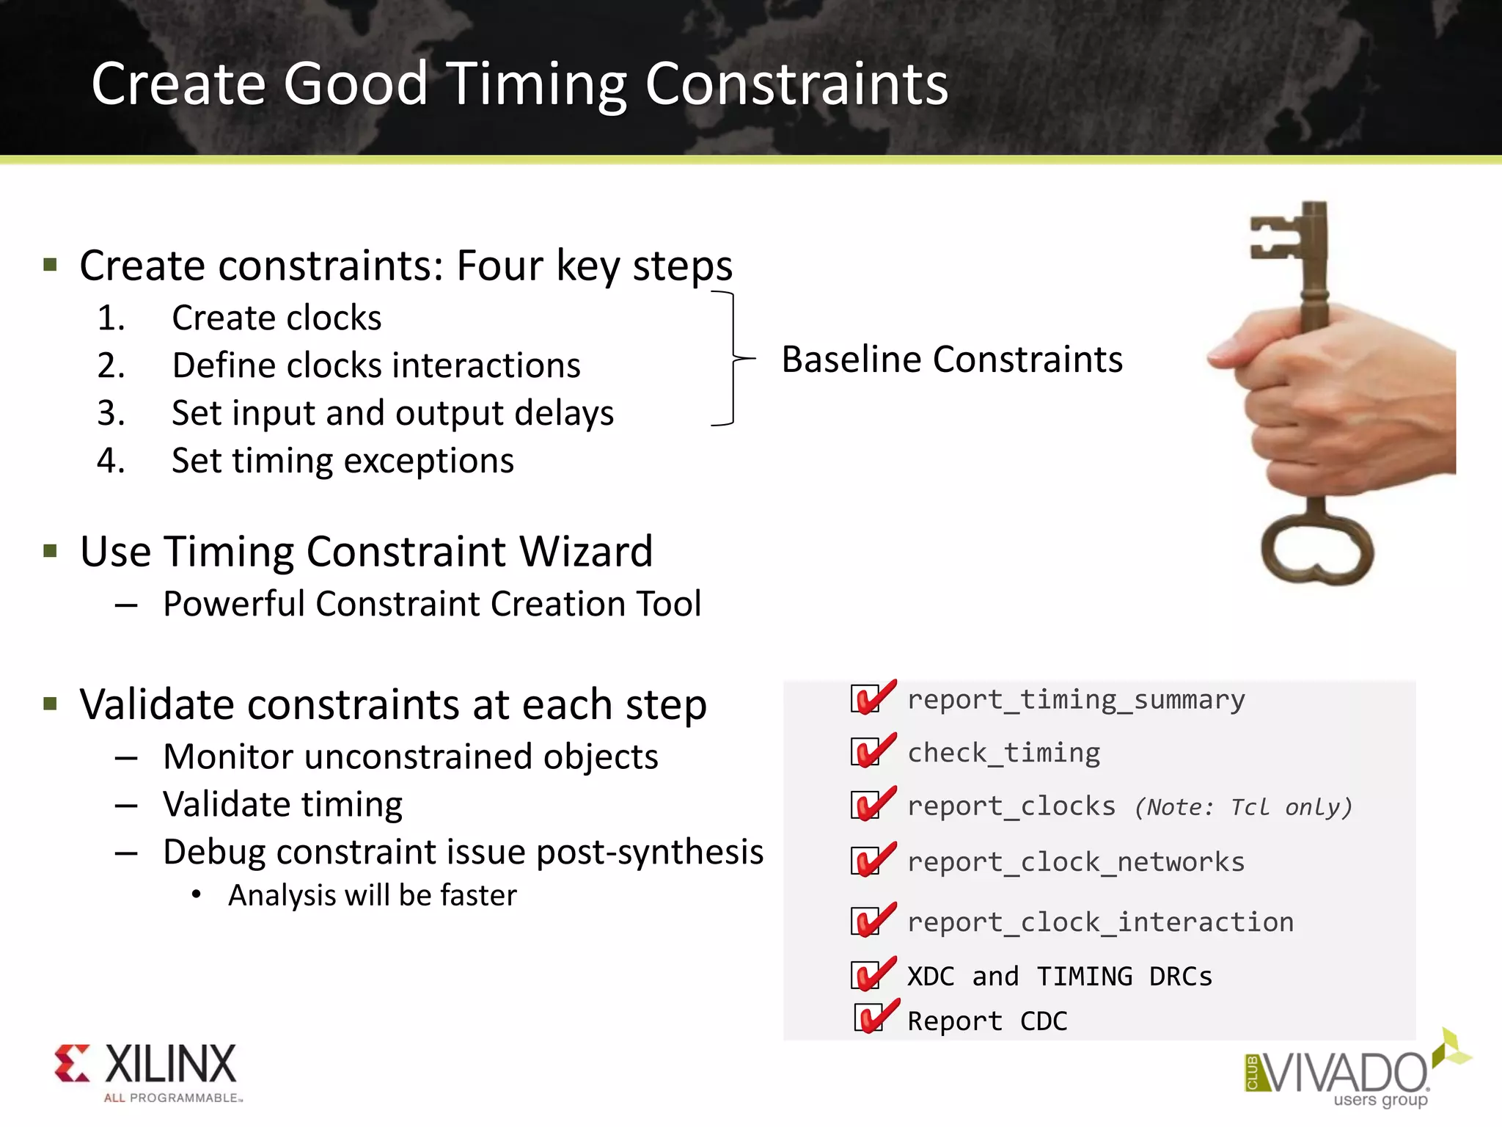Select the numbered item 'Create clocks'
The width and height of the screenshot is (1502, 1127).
click(x=276, y=318)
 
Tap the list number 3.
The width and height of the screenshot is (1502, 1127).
click(x=111, y=413)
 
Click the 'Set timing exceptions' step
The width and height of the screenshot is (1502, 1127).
click(x=342, y=462)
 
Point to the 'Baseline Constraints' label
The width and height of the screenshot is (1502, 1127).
click(x=951, y=360)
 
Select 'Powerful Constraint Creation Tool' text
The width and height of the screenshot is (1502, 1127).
click(x=432, y=604)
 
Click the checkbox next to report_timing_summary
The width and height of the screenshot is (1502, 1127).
click(x=865, y=699)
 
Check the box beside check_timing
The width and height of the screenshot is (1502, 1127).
click(x=865, y=753)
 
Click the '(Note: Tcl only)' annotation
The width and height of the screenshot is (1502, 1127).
click(x=1243, y=807)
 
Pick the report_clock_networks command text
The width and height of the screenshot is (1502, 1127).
click(x=1076, y=862)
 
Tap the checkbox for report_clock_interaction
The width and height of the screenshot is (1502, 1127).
click(x=865, y=922)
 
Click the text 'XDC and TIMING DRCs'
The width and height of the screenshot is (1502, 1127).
click(x=1060, y=977)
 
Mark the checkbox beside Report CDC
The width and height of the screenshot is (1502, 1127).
click(x=868, y=1019)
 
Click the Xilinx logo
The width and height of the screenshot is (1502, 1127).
click(x=147, y=1071)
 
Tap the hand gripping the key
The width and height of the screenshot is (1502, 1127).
click(x=1335, y=411)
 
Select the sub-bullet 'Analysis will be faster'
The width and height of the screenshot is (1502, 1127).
click(x=372, y=896)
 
